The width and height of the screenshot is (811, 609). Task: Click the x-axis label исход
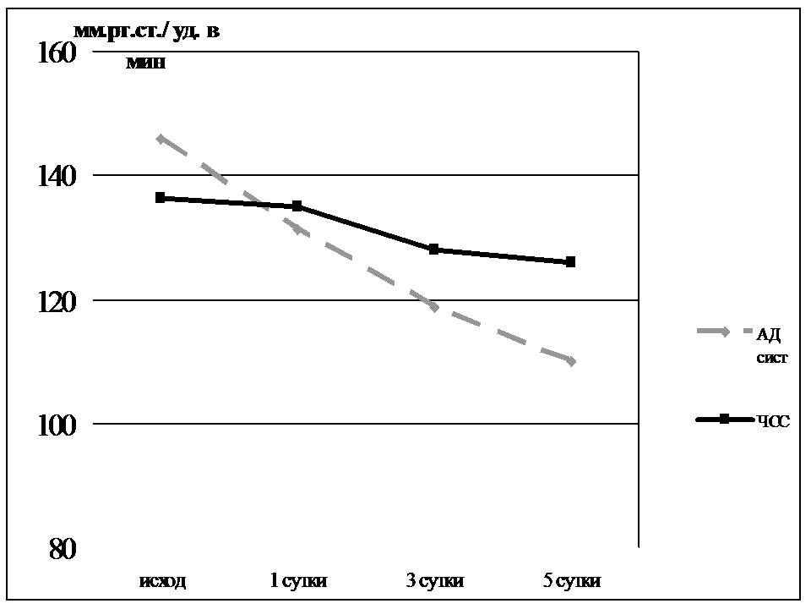[x=161, y=581]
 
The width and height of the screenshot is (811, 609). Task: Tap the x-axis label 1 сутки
[x=297, y=581]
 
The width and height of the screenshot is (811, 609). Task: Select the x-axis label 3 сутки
[x=434, y=581]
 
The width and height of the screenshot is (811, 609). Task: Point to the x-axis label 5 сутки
[x=571, y=581]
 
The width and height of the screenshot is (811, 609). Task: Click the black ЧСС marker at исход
[x=160, y=198]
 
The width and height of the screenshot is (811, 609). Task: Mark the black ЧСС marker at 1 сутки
[x=297, y=206]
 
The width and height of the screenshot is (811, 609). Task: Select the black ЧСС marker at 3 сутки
[x=434, y=250]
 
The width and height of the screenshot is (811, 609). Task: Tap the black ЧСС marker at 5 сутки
[x=571, y=262]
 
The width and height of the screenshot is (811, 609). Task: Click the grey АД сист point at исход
[x=160, y=139]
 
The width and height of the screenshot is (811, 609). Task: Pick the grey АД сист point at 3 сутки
[x=434, y=306]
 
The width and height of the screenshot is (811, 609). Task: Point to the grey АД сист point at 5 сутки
[x=571, y=361]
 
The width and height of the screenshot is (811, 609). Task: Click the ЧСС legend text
[x=773, y=421]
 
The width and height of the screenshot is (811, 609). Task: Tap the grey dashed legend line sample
[x=723, y=332]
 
